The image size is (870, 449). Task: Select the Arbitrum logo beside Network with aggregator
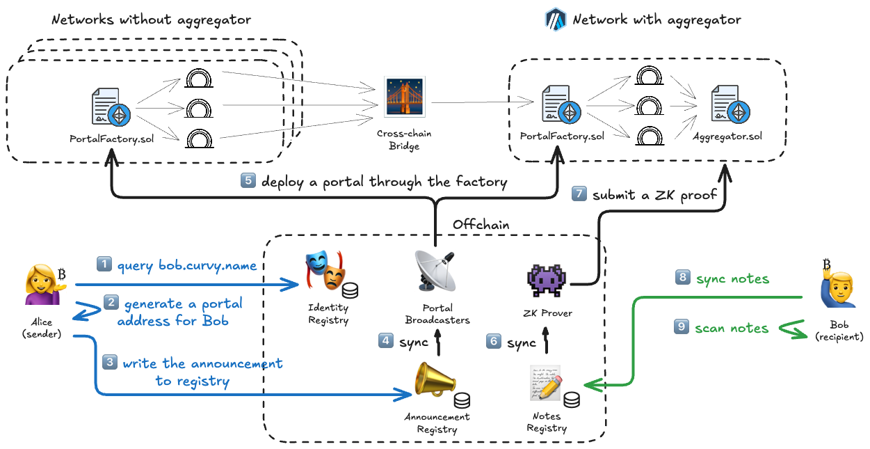556,19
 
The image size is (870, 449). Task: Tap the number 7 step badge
579,194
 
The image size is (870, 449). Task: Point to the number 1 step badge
104,265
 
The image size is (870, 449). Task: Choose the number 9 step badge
683,326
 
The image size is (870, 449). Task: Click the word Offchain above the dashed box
481,224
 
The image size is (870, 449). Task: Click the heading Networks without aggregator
151,19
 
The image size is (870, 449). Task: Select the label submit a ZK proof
654,195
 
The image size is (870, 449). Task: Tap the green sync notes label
732,278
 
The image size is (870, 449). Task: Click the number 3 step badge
110,363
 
